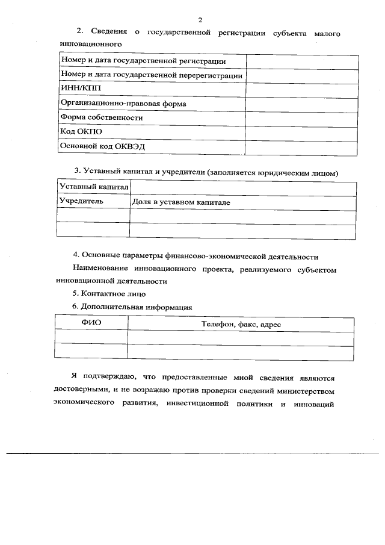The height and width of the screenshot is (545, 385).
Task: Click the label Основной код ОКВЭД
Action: pos(103,146)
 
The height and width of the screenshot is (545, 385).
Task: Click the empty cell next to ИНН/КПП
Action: pos(301,89)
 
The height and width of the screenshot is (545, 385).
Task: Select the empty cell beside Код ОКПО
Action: pos(301,132)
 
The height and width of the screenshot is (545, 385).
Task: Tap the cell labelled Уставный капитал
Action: pos(93,188)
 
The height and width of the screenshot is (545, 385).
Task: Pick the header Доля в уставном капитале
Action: pos(181,202)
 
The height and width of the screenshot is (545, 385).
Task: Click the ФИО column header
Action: pos(91,323)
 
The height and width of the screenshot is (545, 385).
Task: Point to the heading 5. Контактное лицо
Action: pos(109,294)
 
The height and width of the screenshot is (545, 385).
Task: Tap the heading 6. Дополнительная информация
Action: pos(132,307)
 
